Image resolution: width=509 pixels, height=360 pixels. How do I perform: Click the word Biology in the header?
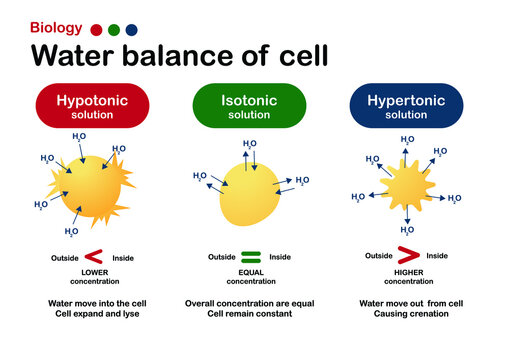pos(56,29)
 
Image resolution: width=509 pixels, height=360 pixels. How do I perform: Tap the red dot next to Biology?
pos(96,30)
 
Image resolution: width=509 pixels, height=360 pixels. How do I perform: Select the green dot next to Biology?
pos(114,30)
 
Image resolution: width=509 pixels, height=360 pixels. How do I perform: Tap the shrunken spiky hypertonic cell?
pos(407,189)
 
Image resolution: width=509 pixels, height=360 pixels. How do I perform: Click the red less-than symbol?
pos(94,257)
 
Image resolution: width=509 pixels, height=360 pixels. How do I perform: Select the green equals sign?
pos(251,257)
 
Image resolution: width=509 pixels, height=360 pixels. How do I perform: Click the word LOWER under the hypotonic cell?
pos(93,272)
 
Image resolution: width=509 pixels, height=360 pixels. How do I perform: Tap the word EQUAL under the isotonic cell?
pos(250,272)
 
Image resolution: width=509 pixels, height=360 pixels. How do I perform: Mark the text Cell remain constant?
pos(251,314)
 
